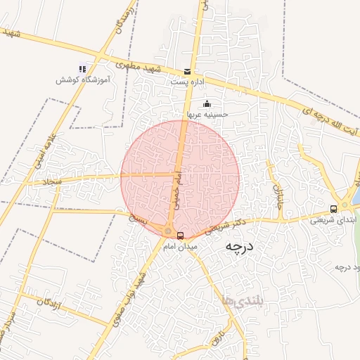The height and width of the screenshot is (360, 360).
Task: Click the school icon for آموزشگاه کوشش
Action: pos(82,70)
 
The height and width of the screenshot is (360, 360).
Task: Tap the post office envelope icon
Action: pos(187,72)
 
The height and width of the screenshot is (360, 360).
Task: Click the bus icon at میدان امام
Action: pos(181,236)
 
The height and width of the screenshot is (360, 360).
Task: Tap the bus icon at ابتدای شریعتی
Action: pos(334,208)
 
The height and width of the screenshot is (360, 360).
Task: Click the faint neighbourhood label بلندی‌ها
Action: pos(234,300)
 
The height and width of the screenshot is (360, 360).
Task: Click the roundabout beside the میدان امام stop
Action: pos(168,231)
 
